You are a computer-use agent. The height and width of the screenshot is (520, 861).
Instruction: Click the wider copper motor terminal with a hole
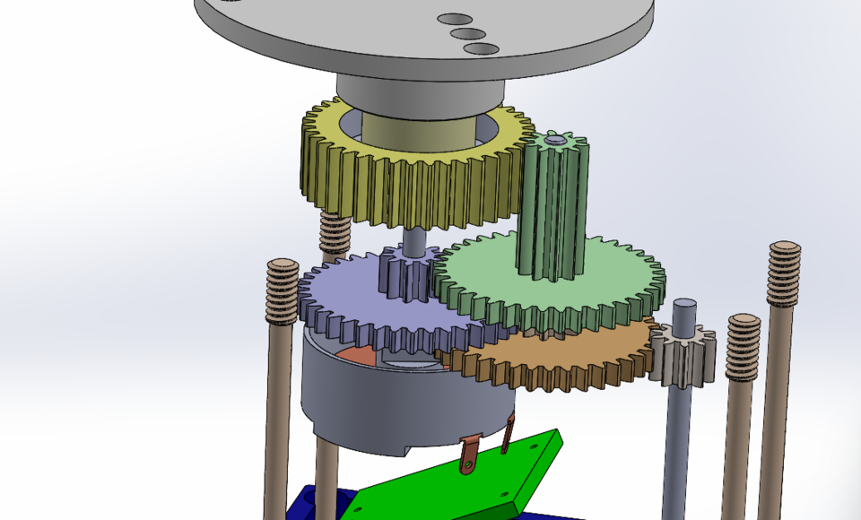coord(467,454)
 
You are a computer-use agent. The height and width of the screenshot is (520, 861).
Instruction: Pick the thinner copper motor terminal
coord(509,435)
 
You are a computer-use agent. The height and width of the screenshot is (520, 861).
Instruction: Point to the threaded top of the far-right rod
coord(783,273)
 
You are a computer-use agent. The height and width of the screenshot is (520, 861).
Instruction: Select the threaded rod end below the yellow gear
coord(335,235)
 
